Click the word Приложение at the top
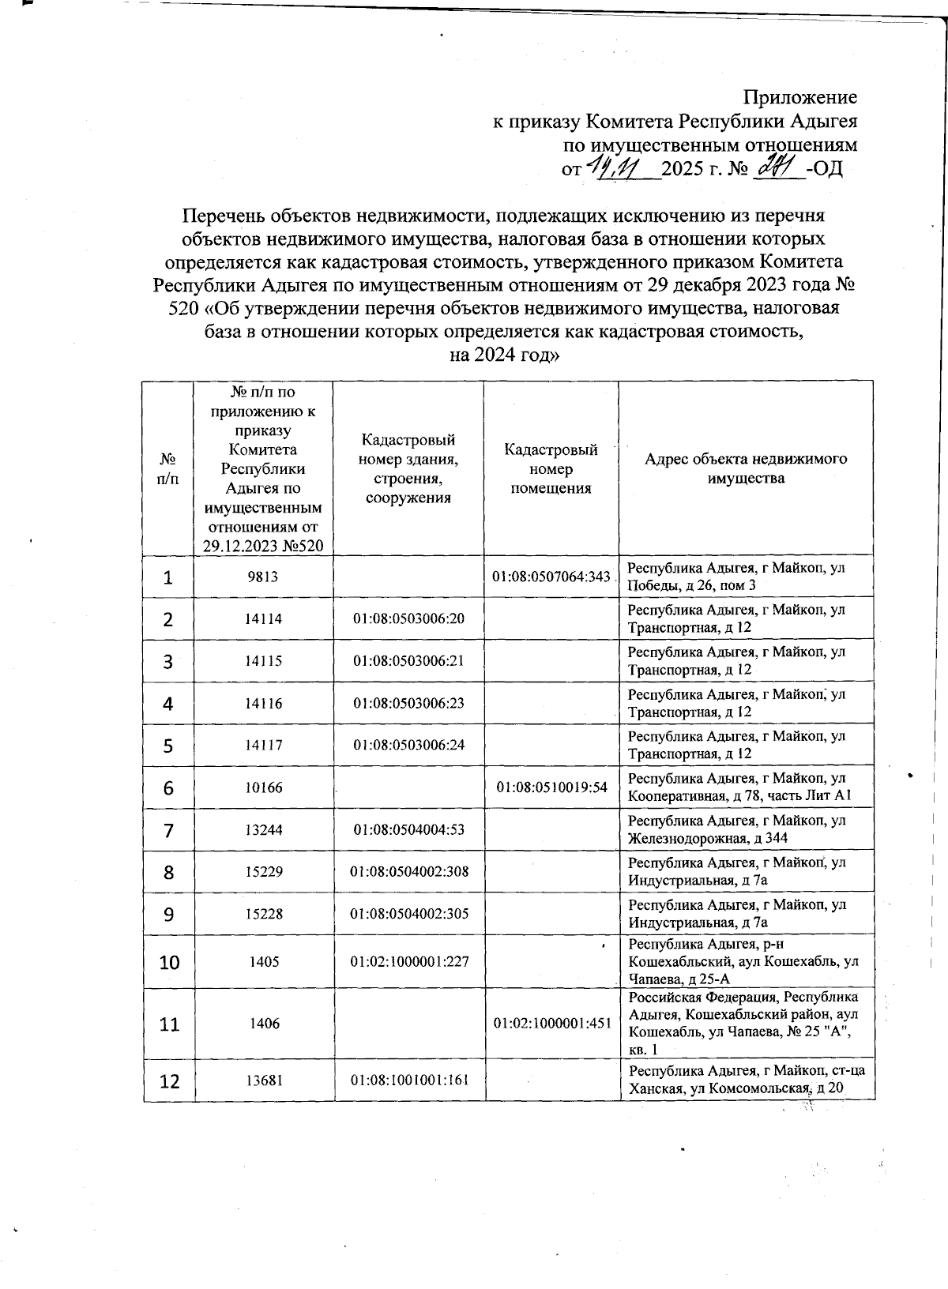point(799,98)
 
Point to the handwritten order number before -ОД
point(778,167)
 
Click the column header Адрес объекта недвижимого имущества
point(746,468)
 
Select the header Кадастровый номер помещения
point(551,468)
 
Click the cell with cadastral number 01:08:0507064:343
point(551,577)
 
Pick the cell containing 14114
point(263,618)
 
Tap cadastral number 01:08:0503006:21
point(408,661)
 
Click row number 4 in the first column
point(168,704)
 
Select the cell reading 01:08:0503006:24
point(408,745)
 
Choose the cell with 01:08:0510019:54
point(551,787)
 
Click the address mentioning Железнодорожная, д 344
point(736,829)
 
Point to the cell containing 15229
point(263,872)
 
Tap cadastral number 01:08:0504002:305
point(409,914)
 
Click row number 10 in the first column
point(169,962)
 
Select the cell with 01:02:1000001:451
point(552,1024)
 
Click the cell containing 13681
point(264,1080)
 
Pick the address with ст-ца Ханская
point(746,1080)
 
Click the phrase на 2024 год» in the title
point(504,355)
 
